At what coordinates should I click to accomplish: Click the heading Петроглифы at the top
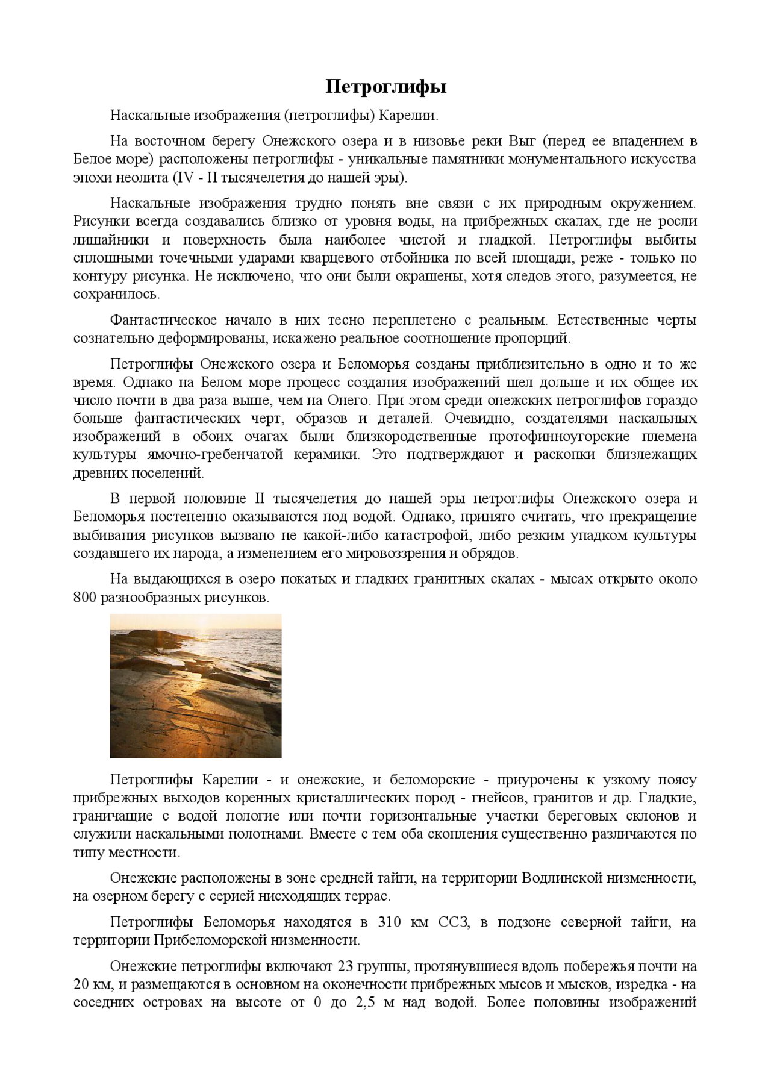(385, 87)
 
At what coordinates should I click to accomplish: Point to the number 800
(85, 598)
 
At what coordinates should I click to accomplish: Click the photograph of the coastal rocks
(196, 686)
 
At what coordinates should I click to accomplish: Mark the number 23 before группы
(346, 967)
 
